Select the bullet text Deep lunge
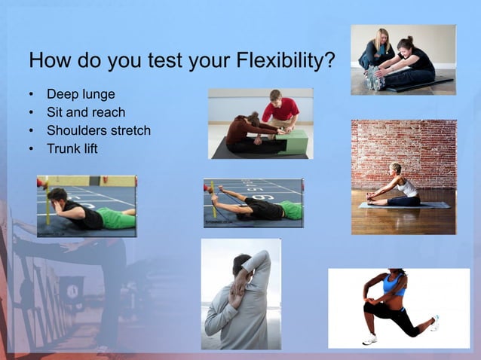click(81, 95)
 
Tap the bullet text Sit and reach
click(86, 112)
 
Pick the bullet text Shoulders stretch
click(99, 130)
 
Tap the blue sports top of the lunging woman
click(393, 285)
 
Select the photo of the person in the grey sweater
click(240, 294)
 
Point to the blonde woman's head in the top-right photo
click(381, 35)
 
